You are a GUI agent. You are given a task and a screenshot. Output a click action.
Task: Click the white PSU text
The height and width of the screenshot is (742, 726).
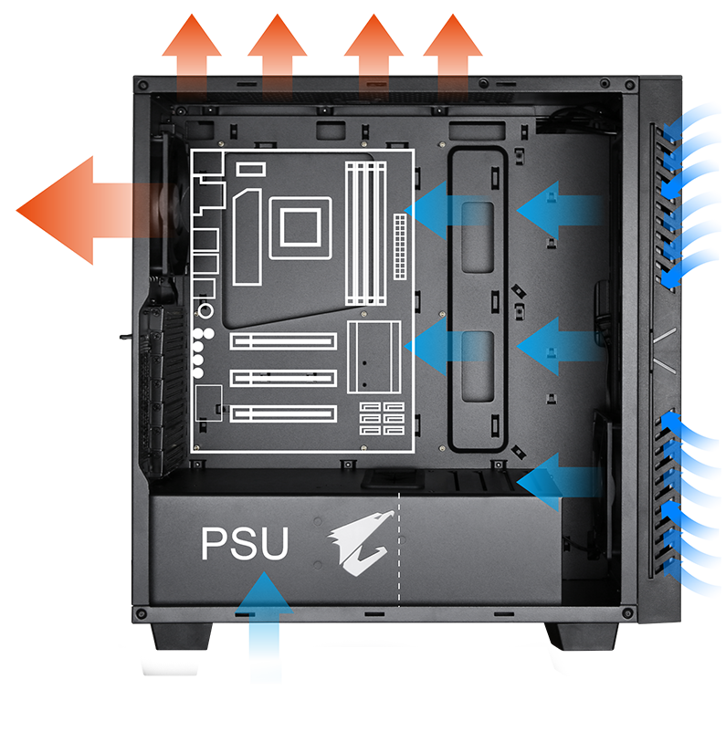245,543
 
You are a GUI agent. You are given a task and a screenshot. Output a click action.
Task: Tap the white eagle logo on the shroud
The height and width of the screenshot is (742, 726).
361,542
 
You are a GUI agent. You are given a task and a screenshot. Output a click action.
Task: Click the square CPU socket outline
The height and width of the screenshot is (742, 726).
300,228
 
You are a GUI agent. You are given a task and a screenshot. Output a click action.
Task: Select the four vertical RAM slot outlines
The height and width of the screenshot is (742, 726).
365,234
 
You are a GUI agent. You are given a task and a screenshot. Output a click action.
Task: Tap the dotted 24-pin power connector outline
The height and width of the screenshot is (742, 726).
400,246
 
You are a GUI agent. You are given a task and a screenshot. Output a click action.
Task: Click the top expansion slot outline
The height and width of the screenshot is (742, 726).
283,341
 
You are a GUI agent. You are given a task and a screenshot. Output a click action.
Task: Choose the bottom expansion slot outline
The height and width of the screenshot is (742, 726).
283,414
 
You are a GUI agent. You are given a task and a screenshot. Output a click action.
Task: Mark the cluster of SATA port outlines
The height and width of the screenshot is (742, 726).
382,418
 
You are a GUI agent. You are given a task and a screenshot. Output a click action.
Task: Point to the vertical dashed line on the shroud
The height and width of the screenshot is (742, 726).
399,549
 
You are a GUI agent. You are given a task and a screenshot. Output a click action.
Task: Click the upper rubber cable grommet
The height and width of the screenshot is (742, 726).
478,237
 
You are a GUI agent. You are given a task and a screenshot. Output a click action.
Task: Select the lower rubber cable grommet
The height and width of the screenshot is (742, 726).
478,367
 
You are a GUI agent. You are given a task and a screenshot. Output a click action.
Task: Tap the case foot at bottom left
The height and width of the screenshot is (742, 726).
182,636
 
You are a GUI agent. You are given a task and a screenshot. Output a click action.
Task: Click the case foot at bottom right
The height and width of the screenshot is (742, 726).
583,636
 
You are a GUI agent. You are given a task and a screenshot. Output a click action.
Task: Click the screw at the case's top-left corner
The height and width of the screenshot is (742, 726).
142,86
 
